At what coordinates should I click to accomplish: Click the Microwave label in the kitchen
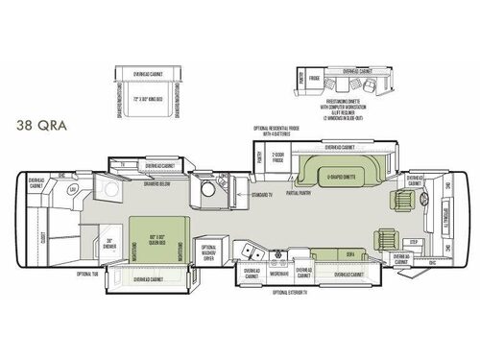(x=280, y=273)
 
